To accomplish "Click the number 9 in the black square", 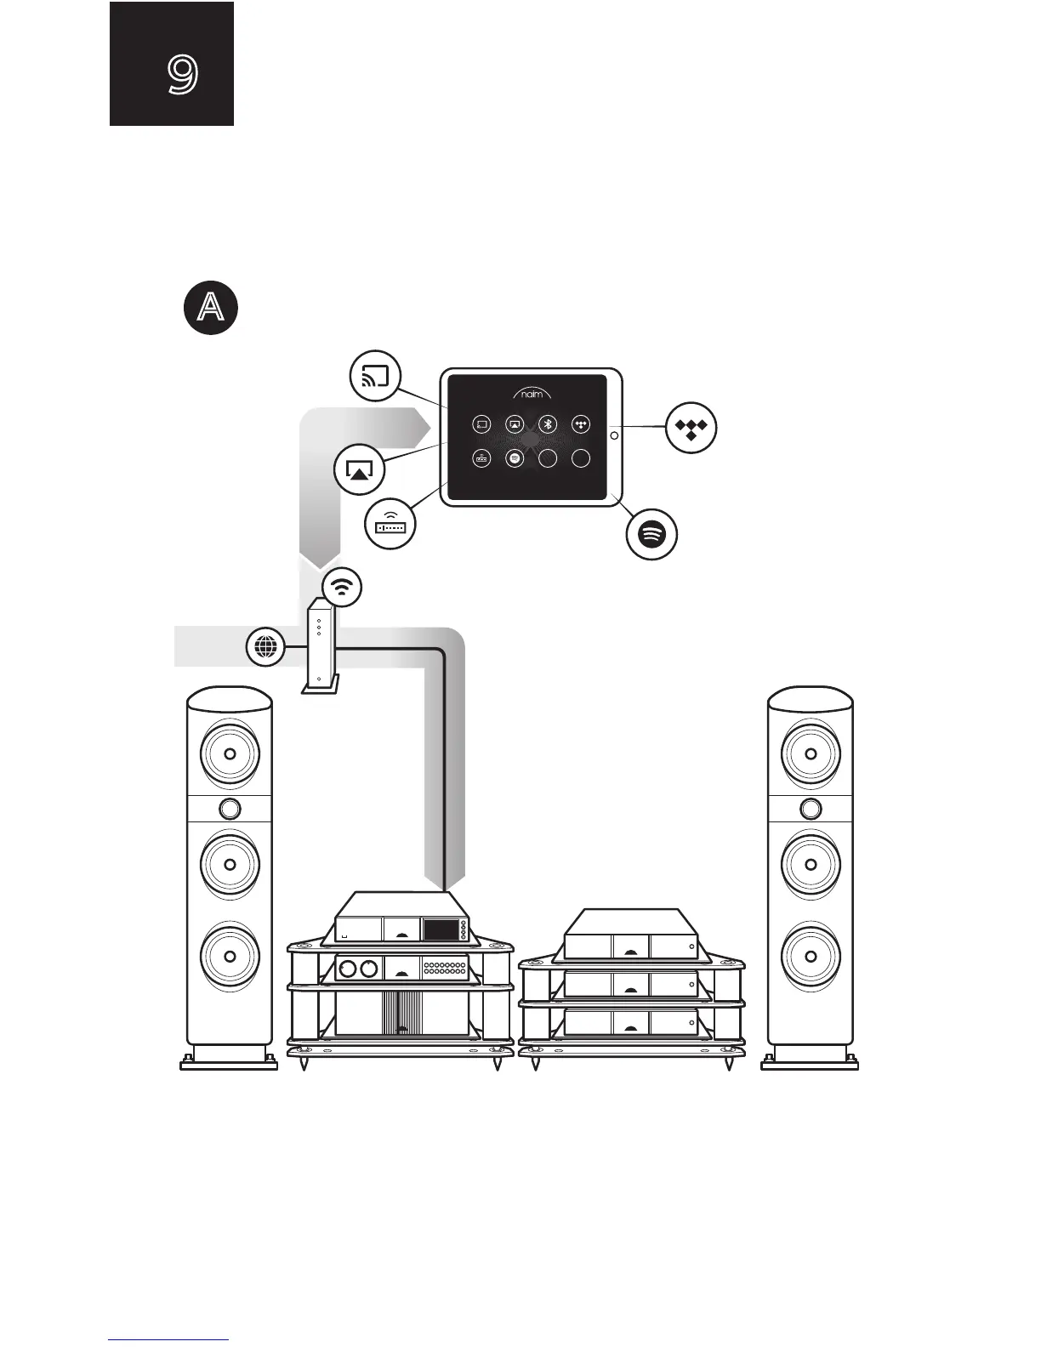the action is (182, 75).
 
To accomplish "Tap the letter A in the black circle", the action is (210, 308).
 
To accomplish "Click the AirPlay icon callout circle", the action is (361, 469).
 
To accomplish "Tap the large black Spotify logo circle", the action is (651, 533).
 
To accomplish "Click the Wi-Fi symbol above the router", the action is (342, 586).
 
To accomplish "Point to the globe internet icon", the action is (265, 647).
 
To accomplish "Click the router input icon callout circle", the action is (390, 525).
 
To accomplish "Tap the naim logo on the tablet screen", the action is (532, 394).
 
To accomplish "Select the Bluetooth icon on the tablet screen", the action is (549, 423).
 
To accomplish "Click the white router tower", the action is (318, 647).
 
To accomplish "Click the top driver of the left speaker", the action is (230, 753).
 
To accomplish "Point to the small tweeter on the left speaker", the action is (230, 807).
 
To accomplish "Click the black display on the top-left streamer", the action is (441, 929).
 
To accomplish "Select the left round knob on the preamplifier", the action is (347, 968).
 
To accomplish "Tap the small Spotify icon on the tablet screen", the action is (514, 458).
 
